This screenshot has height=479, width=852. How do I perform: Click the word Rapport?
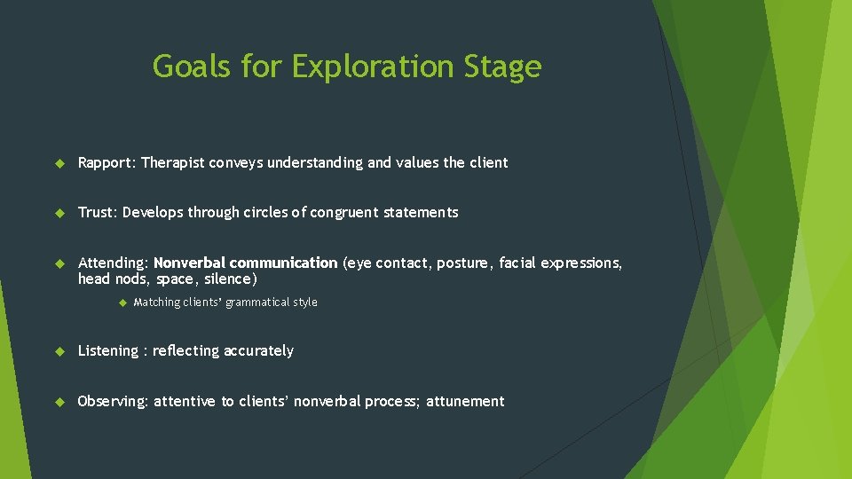point(106,163)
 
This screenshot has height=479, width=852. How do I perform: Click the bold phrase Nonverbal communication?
point(246,263)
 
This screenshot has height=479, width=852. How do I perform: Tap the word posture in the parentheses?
point(461,263)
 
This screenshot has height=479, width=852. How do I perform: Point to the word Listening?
point(108,351)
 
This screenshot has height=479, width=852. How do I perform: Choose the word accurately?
point(258,351)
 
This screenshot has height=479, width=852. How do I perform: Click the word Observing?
point(112,402)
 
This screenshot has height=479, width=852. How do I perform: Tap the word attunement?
point(465,402)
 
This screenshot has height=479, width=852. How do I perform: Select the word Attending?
point(112,263)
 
